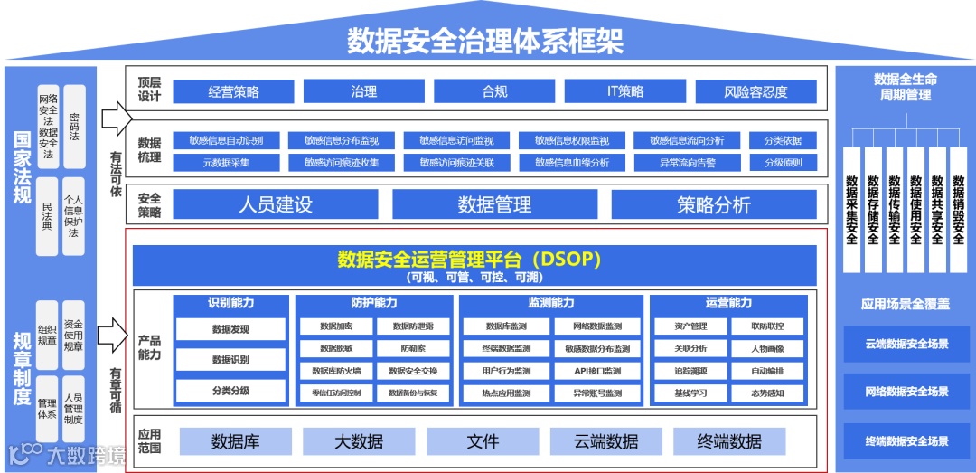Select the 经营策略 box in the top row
[233, 91]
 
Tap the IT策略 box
[625, 91]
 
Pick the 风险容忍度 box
[755, 91]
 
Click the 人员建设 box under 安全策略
[276, 204]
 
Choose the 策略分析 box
[713, 204]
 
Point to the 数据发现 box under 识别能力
[230, 329]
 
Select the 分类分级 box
[230, 391]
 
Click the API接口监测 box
[597, 371]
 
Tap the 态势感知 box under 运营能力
[767, 393]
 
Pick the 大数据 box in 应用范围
[359, 441]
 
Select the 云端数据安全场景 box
[906, 344]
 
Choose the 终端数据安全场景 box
[906, 441]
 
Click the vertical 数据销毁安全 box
[959, 209]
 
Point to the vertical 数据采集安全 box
[851, 209]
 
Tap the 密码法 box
[74, 122]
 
